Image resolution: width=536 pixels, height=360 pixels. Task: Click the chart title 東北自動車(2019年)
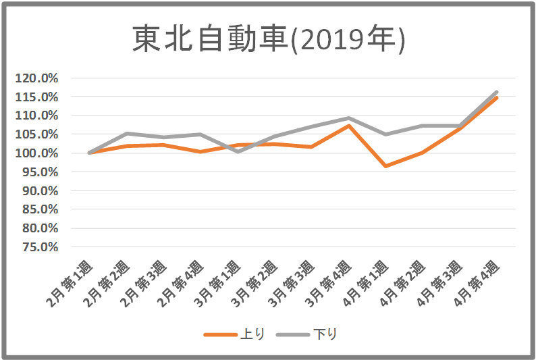pos(268,40)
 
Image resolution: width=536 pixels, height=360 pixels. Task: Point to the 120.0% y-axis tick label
pos(38,78)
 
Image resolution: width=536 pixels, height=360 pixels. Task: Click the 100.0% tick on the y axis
pos(38,153)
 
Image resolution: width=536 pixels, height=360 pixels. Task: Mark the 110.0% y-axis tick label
pos(38,115)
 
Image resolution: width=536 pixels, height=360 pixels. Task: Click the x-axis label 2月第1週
pos(72,284)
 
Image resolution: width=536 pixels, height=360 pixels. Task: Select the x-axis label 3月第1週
pos(219,284)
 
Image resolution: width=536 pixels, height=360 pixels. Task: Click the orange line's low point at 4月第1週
pos(385,165)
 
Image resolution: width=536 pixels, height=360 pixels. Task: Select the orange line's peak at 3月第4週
pos(348,126)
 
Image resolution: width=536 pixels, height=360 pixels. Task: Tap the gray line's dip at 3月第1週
pos(238,151)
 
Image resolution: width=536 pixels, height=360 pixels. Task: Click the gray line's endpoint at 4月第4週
pos(497,92)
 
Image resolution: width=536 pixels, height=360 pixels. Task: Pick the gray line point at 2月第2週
pos(127,134)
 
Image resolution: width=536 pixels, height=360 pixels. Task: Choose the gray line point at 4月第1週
pos(385,134)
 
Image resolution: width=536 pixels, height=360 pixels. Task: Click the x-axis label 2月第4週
pos(182,284)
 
